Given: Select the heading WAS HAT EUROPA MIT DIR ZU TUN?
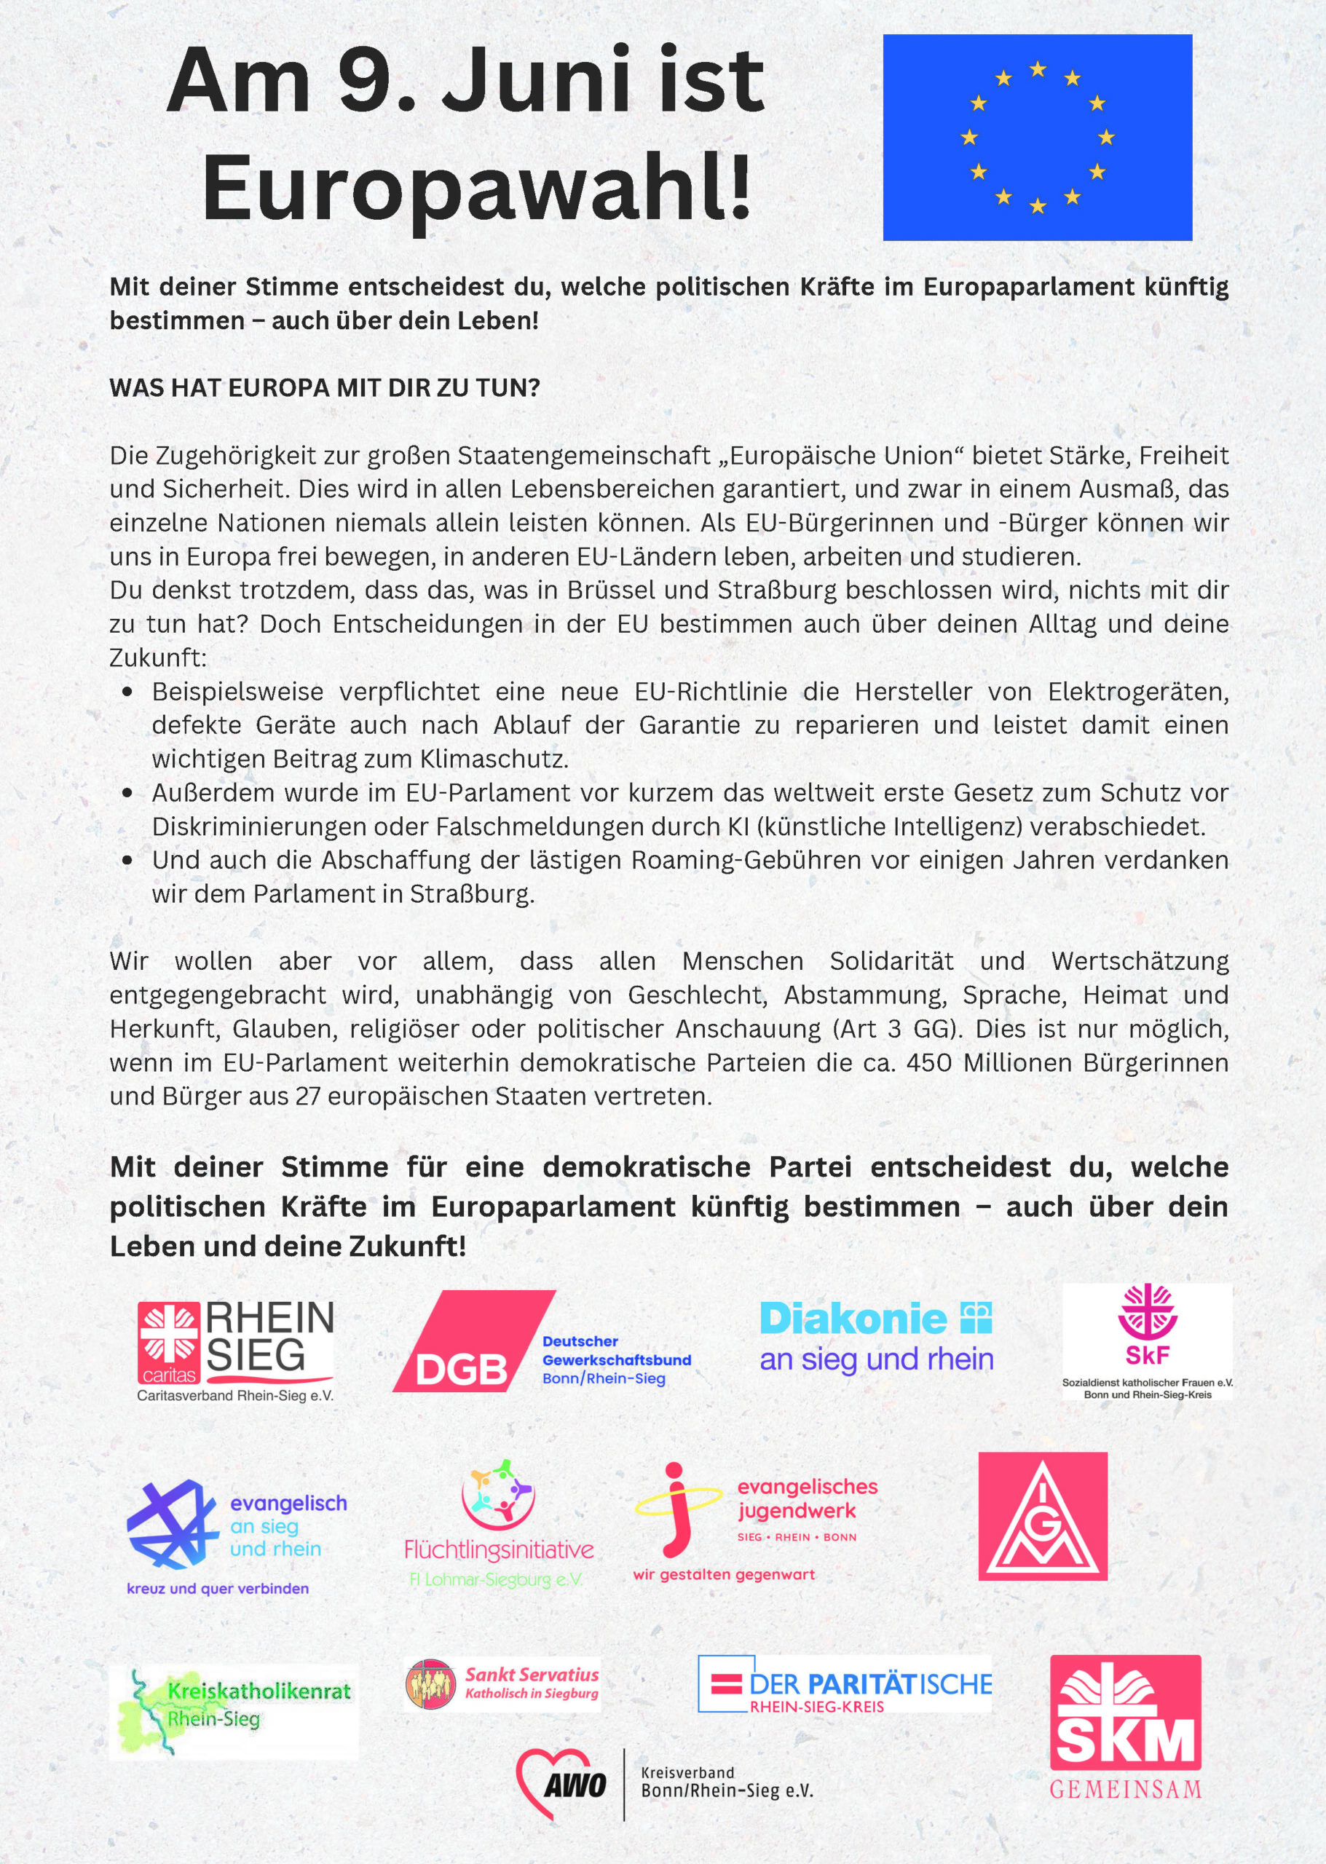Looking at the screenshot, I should (325, 388).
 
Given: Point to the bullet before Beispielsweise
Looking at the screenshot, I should (127, 692).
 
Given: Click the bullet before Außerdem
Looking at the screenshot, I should (127, 793).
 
